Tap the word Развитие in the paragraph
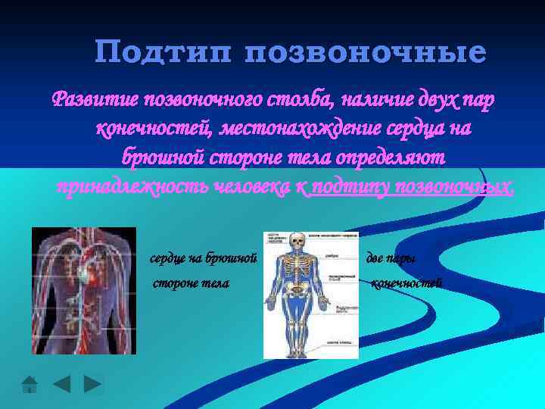click(95, 100)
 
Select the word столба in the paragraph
click(303, 100)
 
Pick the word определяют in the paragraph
click(385, 157)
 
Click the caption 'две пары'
click(390, 259)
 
